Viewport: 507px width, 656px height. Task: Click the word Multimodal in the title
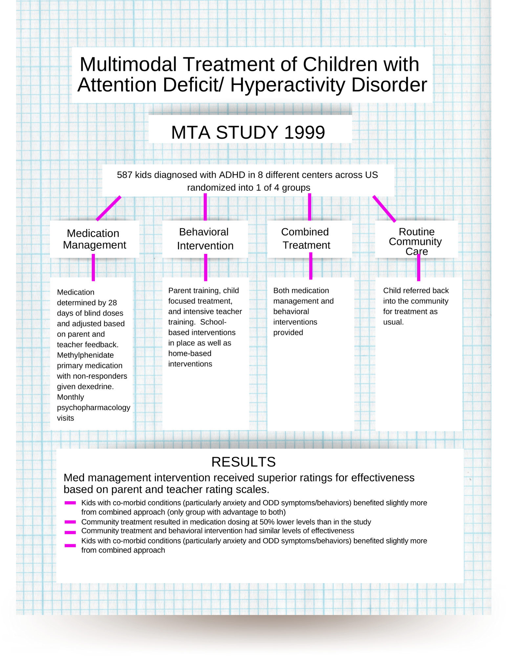(128, 64)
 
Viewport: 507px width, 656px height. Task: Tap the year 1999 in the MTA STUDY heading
(305, 133)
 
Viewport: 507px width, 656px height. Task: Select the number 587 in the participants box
(124, 175)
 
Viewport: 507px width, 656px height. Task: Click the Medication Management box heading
(94, 239)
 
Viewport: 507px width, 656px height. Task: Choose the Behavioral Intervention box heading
(205, 239)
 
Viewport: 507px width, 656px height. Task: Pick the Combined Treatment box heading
(306, 238)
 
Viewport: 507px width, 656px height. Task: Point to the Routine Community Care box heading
(416, 241)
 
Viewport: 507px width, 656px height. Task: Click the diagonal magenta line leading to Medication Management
(109, 208)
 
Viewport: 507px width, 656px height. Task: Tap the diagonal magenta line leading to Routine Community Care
(384, 209)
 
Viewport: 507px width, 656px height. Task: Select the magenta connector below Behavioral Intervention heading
(205, 268)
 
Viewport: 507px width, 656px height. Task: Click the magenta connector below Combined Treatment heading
(310, 266)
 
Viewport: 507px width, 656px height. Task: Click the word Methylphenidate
(85, 355)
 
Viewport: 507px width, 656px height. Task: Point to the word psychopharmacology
(94, 408)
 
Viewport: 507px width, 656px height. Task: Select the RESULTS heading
(243, 462)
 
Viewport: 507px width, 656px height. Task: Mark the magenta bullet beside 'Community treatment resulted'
(70, 522)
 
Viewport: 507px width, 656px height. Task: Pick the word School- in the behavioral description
(213, 322)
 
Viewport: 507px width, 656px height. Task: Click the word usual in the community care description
(392, 322)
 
